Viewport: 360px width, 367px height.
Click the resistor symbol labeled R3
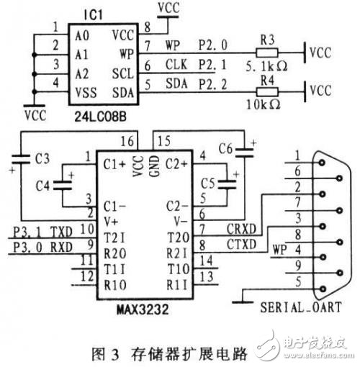(267, 53)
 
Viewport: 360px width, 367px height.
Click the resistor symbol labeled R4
(267, 92)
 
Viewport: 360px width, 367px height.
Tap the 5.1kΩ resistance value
(266, 66)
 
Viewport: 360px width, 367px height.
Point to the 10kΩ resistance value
(264, 104)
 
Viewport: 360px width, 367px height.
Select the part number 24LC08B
(100, 117)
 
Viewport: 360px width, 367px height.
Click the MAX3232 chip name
(143, 309)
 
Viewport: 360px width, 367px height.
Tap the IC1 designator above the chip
(94, 15)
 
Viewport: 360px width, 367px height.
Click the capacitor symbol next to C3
(21, 159)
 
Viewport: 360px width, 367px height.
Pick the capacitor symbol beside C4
(63, 186)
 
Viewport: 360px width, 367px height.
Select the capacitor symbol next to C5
(227, 184)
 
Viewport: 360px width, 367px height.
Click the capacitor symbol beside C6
(244, 153)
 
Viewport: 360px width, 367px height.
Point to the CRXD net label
(241, 229)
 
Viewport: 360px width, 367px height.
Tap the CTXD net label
(242, 245)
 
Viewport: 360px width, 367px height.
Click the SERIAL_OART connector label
(301, 307)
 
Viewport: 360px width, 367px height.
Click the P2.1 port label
(212, 65)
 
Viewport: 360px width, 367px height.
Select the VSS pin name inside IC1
(86, 93)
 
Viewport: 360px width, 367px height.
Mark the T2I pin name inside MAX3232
(114, 238)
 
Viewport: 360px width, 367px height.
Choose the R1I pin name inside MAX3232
(177, 285)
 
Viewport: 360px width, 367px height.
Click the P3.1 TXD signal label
(42, 232)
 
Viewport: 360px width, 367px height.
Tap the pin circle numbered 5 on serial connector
(323, 289)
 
